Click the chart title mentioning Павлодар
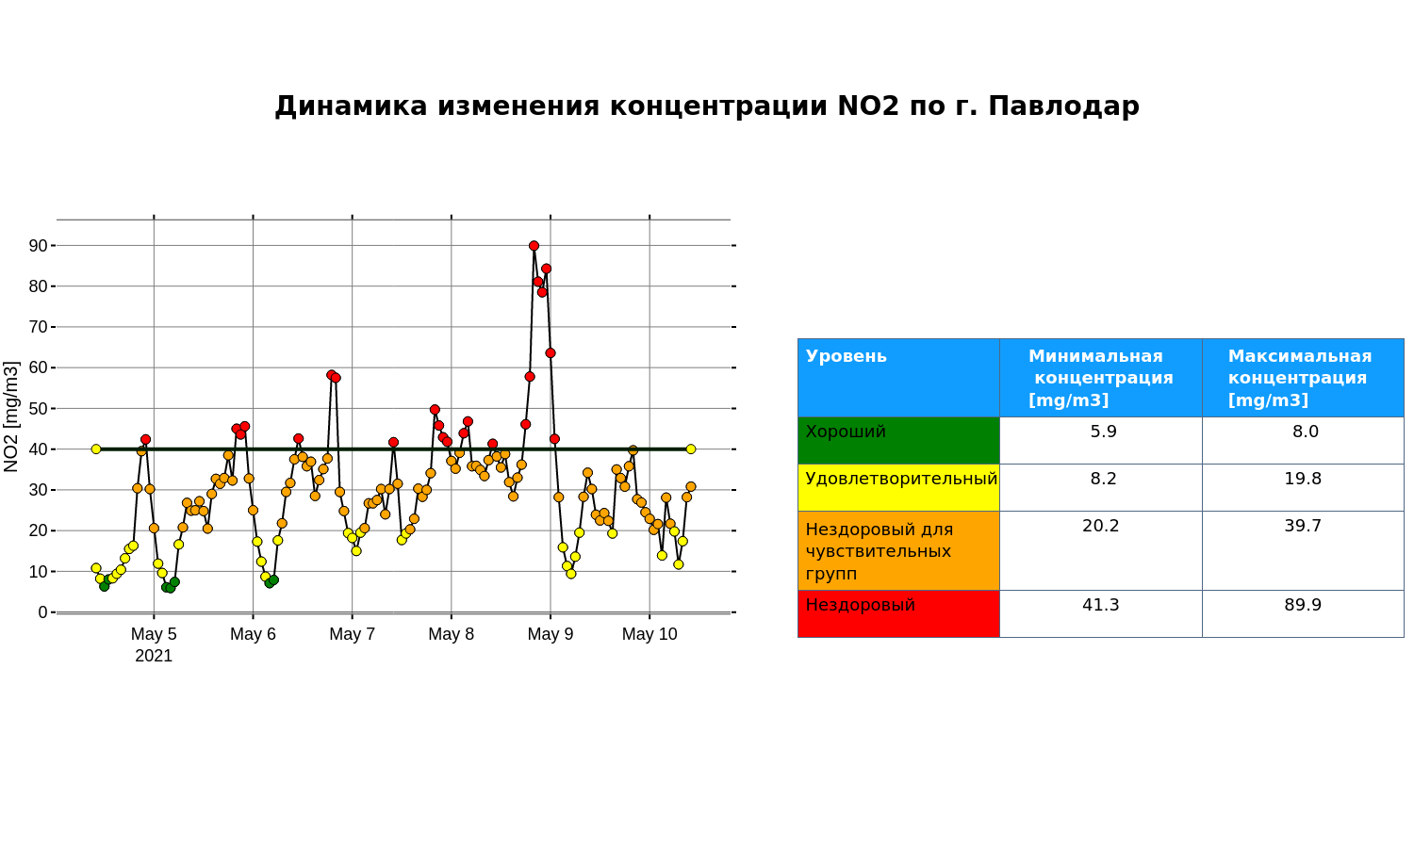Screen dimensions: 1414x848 707,106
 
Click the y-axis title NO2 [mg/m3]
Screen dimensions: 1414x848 11,416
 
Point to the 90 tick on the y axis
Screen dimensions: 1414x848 39,245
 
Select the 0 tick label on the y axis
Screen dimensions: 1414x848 43,612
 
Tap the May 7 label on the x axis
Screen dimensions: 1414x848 353,634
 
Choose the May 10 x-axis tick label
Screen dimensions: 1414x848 649,634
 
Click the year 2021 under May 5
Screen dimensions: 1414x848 154,656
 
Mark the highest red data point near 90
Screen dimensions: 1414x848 534,245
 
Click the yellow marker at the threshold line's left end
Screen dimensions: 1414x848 96,449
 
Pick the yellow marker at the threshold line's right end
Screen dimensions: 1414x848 691,449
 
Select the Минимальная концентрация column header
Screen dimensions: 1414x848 1100,378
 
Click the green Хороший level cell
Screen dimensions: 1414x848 898,440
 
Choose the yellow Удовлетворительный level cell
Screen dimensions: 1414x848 898,488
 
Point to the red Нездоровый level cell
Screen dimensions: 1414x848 898,614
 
